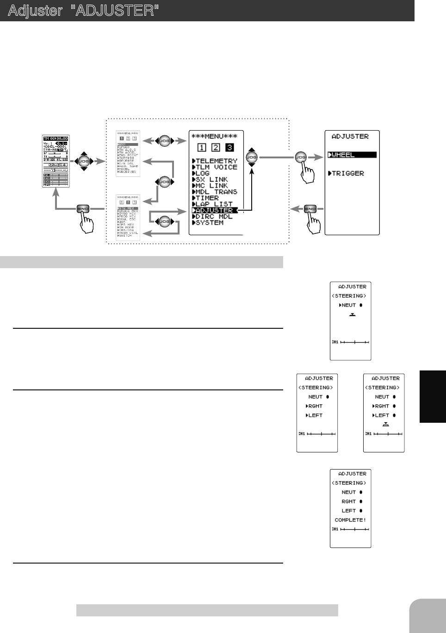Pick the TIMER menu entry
(x=207, y=198)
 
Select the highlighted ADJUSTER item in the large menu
(x=215, y=210)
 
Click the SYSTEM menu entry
(x=209, y=223)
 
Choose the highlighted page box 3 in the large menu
(x=229, y=148)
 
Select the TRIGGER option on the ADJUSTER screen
(x=347, y=174)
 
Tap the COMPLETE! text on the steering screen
(x=350, y=520)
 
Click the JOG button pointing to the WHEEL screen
(x=302, y=158)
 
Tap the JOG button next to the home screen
(x=84, y=162)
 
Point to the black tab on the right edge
(x=433, y=396)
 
